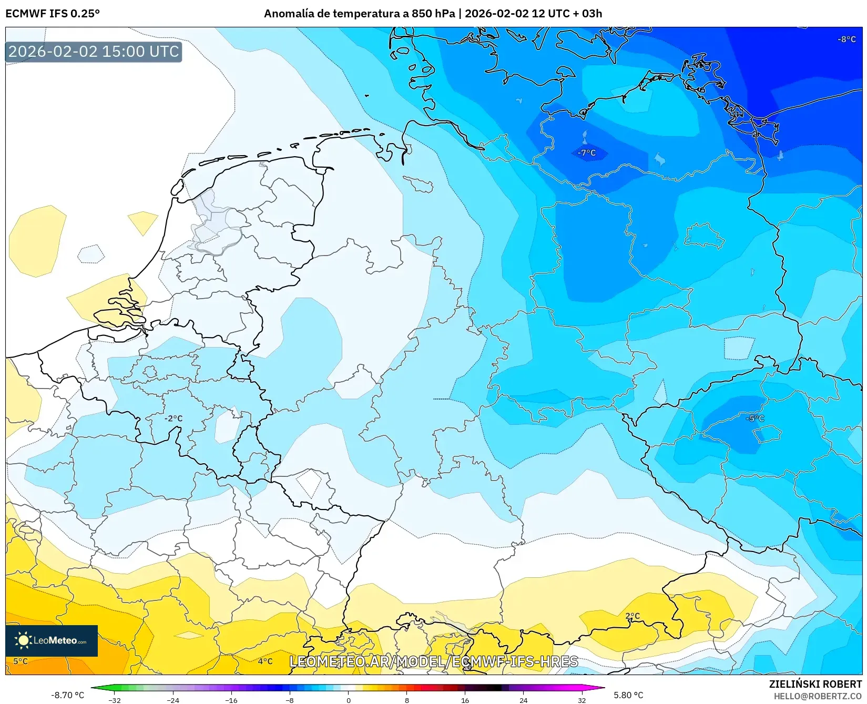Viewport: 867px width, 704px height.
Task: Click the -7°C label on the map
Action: click(x=587, y=153)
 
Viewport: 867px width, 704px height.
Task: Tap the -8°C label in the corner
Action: click(x=846, y=39)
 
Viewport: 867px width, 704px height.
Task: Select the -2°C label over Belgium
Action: click(x=174, y=419)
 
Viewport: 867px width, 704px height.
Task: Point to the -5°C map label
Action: click(x=755, y=419)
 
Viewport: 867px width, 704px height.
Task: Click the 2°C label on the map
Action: click(x=633, y=616)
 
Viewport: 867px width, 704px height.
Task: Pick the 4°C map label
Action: click(x=265, y=661)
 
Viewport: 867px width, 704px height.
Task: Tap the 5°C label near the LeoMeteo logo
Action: click(x=21, y=661)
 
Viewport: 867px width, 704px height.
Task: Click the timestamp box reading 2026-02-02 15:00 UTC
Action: click(x=94, y=52)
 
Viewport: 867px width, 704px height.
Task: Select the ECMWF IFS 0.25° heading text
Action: click(x=53, y=14)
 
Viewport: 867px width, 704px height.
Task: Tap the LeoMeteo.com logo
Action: click(x=52, y=640)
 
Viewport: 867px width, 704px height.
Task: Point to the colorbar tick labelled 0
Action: click(x=348, y=700)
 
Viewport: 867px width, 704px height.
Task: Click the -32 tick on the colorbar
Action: click(x=115, y=700)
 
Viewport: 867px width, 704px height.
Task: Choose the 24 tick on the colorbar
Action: click(x=523, y=700)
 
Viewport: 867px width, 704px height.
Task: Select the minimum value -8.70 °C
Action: click(x=67, y=695)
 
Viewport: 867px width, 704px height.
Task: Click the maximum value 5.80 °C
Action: click(x=628, y=695)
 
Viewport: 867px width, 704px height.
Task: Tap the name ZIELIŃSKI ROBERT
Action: click(x=815, y=684)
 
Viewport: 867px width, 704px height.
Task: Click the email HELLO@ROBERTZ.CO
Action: click(x=817, y=696)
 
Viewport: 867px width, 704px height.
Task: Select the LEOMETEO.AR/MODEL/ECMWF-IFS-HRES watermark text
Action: click(x=434, y=661)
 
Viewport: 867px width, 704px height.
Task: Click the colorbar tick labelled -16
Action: click(x=231, y=700)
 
